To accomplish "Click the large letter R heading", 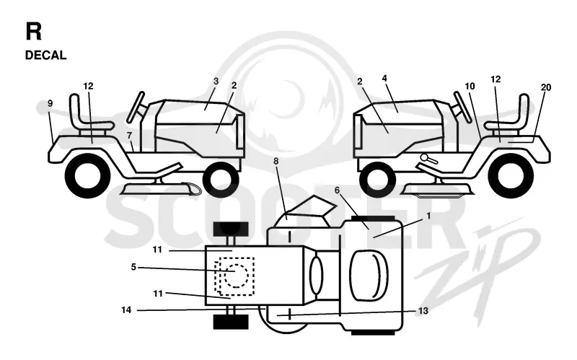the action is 33,31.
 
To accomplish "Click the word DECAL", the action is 45,56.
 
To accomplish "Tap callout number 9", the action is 50,103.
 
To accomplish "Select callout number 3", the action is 216,81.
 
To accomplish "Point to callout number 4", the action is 384,78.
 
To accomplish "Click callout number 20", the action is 546,87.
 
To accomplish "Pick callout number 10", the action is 470,86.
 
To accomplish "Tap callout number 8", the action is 276,161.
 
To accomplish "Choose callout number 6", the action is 337,190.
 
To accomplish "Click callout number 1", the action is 428,216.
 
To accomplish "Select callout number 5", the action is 133,267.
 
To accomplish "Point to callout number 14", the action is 126,310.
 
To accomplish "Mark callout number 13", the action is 423,311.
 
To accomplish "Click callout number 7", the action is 129,136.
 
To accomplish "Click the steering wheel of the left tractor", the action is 136,107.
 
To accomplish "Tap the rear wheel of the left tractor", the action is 88,176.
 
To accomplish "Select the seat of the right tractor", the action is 507,114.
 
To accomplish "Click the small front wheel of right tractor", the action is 377,180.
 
